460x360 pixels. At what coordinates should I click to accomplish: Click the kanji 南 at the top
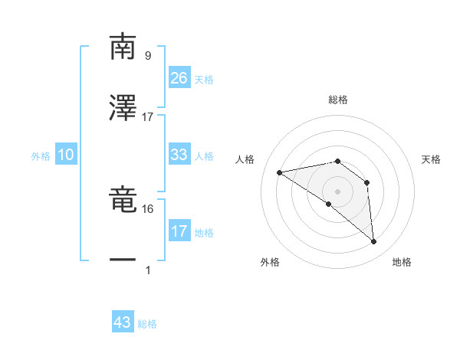(123, 47)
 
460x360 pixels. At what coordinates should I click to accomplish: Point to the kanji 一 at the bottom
(123, 260)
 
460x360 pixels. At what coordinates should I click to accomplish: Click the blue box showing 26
(179, 77)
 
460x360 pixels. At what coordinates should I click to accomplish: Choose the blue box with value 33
(179, 155)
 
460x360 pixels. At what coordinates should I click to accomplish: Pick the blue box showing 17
(179, 231)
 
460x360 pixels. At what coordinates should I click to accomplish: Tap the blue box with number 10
(66, 155)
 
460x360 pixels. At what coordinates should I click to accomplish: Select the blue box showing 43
(123, 322)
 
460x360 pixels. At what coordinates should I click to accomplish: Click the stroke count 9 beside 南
(147, 55)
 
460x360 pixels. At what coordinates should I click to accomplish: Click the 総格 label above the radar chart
(337, 100)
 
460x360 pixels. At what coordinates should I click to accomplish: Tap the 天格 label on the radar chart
(431, 159)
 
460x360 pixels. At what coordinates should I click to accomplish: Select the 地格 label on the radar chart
(402, 262)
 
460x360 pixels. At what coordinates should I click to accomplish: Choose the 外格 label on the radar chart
(270, 262)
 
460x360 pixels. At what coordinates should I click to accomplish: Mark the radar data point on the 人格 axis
(280, 172)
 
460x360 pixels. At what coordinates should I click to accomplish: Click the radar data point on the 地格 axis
(373, 242)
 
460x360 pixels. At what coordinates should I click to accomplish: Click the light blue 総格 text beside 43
(147, 324)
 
